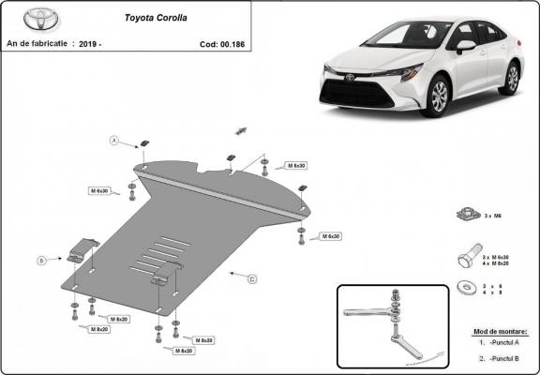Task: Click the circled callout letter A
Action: pos(115,141)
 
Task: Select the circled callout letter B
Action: pos(41,260)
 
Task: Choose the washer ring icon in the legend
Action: pos(464,287)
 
